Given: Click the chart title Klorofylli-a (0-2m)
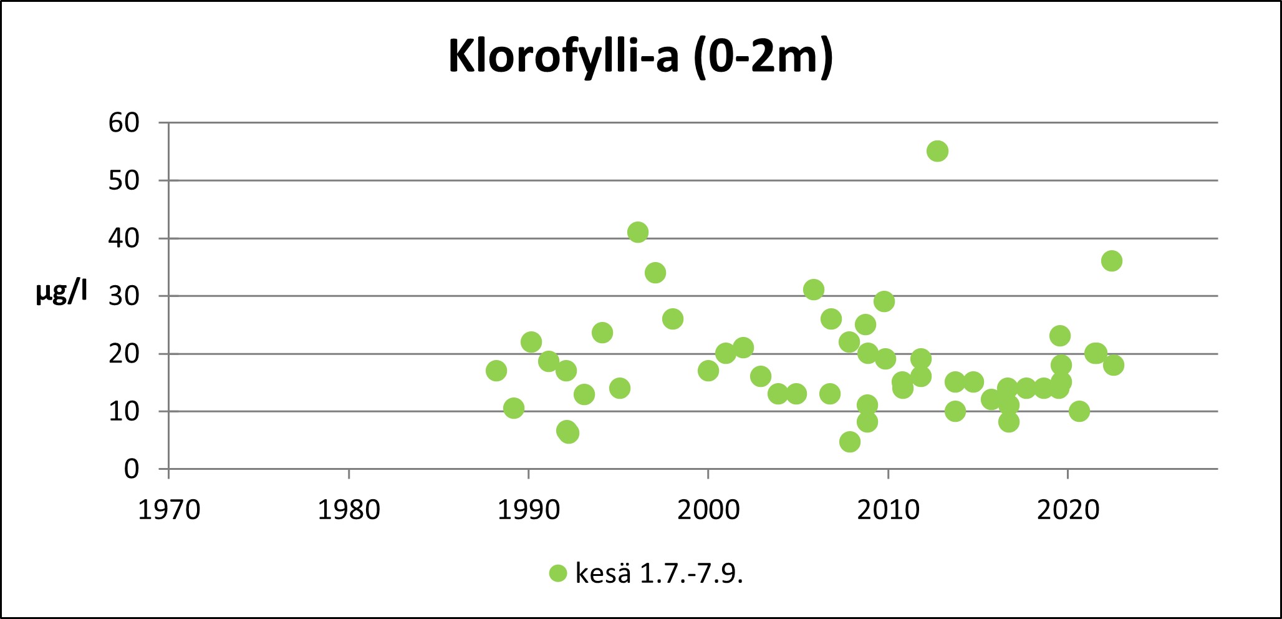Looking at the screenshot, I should coord(640,57).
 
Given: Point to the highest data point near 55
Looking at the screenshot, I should coord(937,151).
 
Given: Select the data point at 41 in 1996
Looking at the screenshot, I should coord(637,232).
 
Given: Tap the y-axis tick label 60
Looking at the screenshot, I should coord(123,123).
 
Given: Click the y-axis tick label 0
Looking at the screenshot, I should coord(131,469).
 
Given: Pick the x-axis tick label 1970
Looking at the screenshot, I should coord(169,510).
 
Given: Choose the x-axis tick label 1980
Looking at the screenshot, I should coord(349,510).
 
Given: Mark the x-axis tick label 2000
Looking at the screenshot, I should coord(708,510).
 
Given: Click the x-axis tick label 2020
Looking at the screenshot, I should coord(1068,510).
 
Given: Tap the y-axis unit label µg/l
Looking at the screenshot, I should coord(61,291).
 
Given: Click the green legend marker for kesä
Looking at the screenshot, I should coord(558,573).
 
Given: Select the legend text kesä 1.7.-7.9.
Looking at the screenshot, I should coord(658,573).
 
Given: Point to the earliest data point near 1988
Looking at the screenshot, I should coord(496,371).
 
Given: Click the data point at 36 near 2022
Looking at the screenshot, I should coord(1111,261).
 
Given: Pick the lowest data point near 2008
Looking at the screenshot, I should coord(849,442).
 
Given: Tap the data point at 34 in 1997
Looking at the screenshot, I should coord(655,273).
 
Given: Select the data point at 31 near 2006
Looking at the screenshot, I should coord(813,290).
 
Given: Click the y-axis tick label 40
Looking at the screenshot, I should coord(123,238).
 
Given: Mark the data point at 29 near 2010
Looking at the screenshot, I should coord(884,301).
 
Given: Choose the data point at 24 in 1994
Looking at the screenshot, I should coord(602,333).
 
